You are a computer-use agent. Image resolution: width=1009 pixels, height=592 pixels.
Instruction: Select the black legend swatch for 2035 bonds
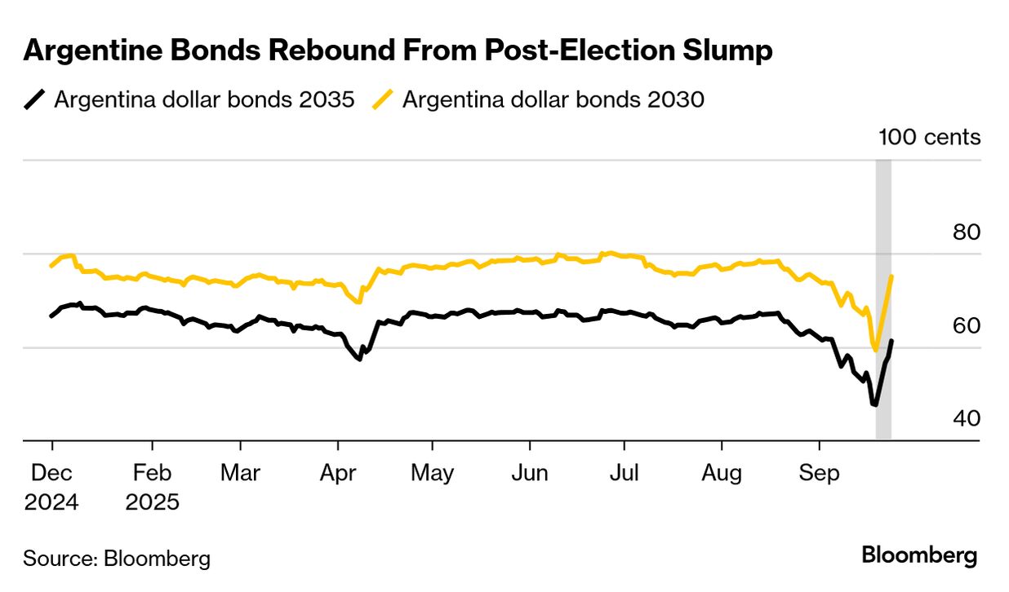point(34,100)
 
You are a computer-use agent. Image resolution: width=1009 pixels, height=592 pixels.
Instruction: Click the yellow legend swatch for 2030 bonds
point(383,100)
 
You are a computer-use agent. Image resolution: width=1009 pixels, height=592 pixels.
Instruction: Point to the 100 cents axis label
point(929,137)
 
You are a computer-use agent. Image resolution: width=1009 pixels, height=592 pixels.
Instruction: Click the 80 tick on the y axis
point(966,232)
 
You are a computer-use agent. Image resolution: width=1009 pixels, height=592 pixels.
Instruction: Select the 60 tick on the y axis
point(966,326)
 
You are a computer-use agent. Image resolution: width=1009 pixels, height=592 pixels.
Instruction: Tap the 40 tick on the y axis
point(966,419)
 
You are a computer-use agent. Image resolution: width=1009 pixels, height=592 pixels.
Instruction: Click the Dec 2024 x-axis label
point(51,487)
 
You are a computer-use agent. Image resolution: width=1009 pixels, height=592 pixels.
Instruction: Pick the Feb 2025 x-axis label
point(152,487)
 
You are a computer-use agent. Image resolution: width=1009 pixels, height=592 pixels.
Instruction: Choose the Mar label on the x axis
point(241,473)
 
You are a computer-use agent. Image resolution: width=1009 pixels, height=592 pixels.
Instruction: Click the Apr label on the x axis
point(338,473)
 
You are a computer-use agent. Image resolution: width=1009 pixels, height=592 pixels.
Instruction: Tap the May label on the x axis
point(433,473)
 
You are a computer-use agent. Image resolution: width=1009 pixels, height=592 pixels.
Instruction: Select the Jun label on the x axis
point(530,473)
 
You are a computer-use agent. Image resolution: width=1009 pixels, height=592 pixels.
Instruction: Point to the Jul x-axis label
point(625,473)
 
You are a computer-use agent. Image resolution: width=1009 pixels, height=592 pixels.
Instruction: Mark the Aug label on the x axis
point(722,473)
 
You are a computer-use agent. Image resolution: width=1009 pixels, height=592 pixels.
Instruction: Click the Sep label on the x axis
point(820,473)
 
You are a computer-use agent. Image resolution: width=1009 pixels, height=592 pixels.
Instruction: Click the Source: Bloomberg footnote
point(117,559)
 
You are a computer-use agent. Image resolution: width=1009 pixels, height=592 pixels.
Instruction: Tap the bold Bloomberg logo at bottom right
point(919,556)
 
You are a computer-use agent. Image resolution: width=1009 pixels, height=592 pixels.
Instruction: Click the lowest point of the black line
point(874,404)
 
